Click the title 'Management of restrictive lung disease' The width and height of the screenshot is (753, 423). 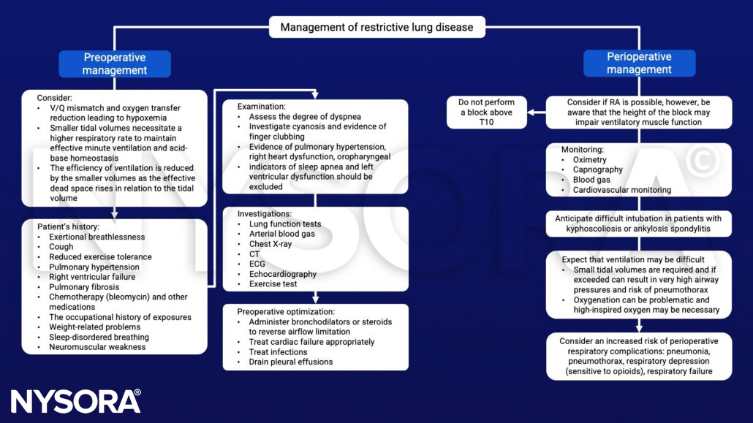[x=376, y=28]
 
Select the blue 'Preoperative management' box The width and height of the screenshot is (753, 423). [x=115, y=64]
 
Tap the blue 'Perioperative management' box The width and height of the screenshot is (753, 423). [x=639, y=64]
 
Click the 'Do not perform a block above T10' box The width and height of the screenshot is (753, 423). [x=486, y=113]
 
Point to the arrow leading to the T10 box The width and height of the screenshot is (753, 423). [x=537, y=113]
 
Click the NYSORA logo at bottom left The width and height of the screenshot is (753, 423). [x=75, y=401]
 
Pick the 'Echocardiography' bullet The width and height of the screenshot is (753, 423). [x=283, y=274]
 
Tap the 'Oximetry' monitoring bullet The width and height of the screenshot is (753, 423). [x=588, y=159]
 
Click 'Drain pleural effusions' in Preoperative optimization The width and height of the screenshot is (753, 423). [x=290, y=362]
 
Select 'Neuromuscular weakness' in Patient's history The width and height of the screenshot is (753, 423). [x=97, y=347]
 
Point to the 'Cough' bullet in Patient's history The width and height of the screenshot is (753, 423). [x=61, y=247]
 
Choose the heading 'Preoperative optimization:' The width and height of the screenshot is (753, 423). [x=289, y=311]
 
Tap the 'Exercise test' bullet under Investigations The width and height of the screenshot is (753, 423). [x=273, y=284]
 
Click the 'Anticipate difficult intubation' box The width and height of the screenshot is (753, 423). [x=638, y=224]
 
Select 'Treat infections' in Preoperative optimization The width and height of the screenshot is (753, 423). [x=279, y=351]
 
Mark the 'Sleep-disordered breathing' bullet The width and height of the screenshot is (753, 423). [x=99, y=337]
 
